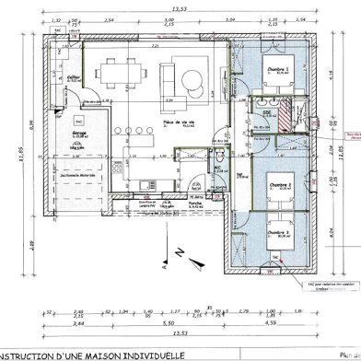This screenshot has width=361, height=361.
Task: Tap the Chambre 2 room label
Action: point(279,185)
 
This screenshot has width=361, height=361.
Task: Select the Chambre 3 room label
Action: point(279,233)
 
